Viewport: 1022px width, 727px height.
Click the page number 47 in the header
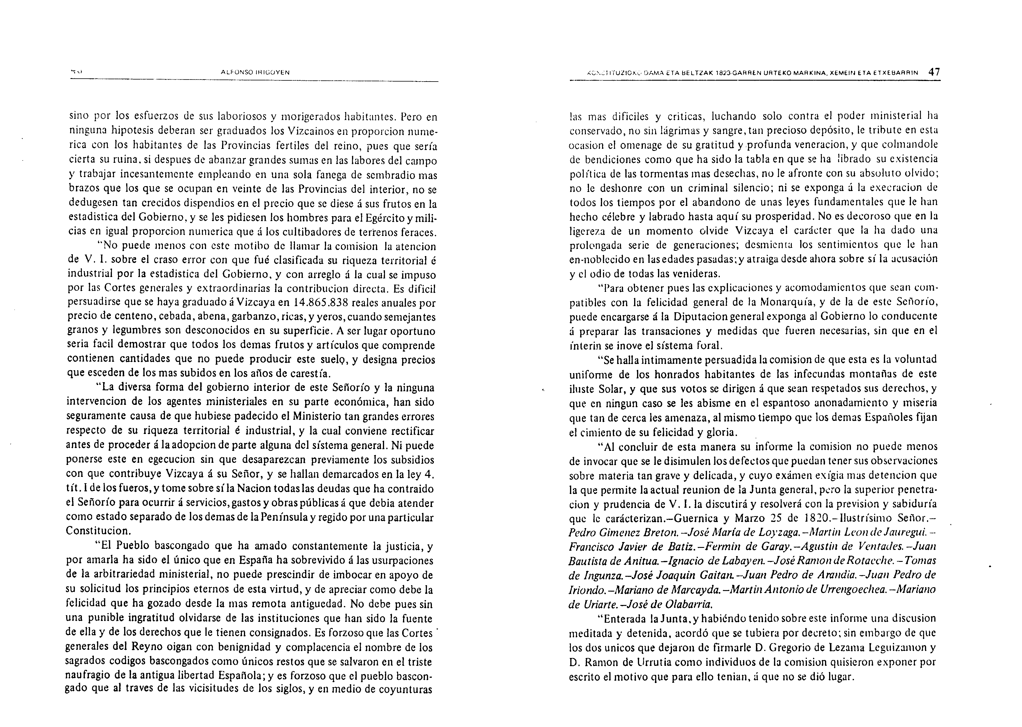pos(934,72)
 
